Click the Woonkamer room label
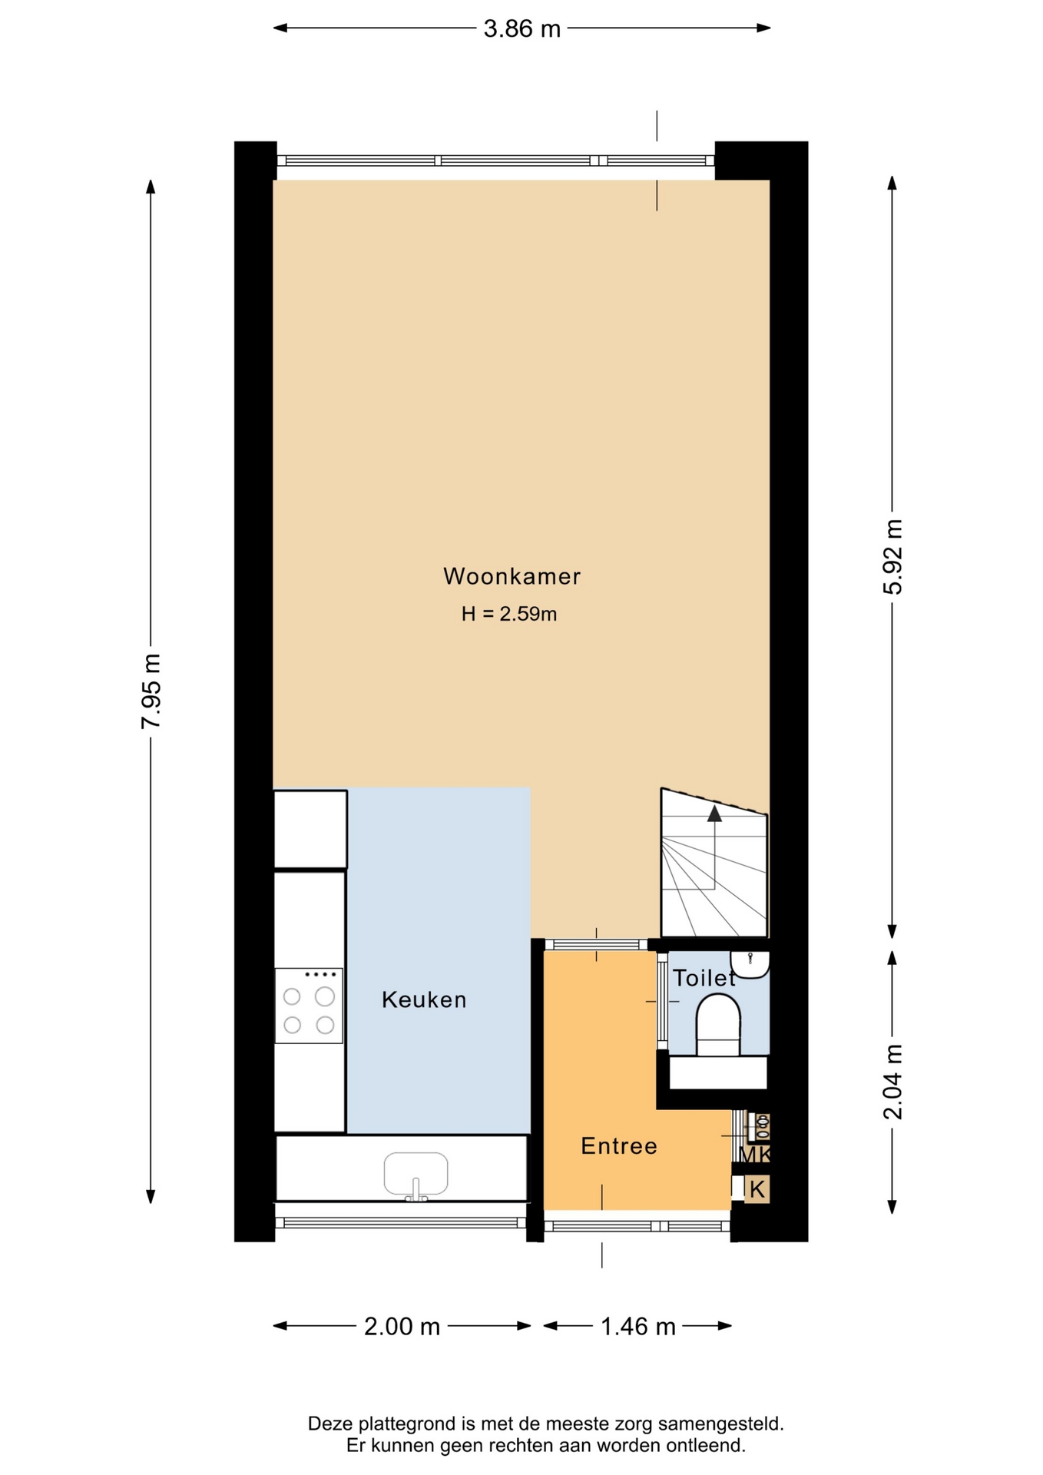point(512,576)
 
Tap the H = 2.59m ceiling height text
point(509,614)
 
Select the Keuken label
point(424,999)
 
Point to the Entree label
point(619,1146)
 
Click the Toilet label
point(704,978)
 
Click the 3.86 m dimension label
point(522,29)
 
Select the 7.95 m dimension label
point(151,691)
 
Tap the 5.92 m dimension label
point(892,557)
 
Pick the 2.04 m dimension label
point(892,1082)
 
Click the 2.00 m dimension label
point(402,1327)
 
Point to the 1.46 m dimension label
point(637,1327)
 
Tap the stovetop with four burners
point(309,1006)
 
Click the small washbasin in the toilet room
point(750,965)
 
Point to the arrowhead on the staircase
point(714,814)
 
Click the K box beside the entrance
point(757,1189)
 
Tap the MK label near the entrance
point(754,1155)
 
